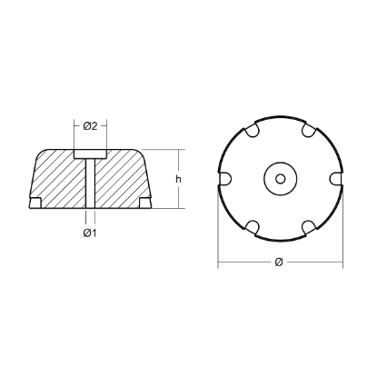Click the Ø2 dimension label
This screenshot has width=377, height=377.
coord(91,124)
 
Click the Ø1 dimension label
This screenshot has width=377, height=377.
coord(90,233)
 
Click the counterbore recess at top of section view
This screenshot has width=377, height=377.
coord(91,154)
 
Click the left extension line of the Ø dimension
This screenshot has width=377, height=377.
coord(218,236)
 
